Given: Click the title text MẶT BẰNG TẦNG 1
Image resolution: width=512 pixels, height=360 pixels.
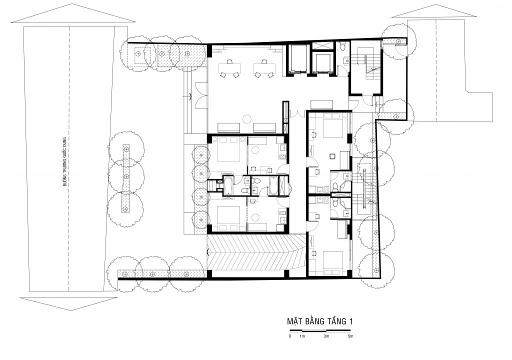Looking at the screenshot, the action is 320,321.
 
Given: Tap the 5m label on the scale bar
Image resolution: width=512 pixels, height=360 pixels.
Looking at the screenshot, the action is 350,336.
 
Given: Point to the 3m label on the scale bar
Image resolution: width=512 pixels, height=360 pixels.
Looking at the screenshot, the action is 326,336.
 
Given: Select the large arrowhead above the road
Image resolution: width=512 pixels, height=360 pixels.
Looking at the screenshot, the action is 73,13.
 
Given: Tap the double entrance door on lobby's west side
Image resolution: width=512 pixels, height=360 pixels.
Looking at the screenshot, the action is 201,95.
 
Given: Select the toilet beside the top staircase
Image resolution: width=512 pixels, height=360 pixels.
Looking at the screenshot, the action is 341,46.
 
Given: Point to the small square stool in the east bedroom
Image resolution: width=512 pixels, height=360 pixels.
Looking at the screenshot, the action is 332,156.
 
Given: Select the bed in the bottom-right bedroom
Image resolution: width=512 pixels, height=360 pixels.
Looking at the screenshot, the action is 332,263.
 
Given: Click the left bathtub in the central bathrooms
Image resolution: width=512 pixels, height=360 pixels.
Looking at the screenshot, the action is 228,185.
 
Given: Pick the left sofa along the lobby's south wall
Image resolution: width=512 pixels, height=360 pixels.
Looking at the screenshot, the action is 229,127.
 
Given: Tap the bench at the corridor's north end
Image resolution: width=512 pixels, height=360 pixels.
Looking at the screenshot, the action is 321,104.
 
